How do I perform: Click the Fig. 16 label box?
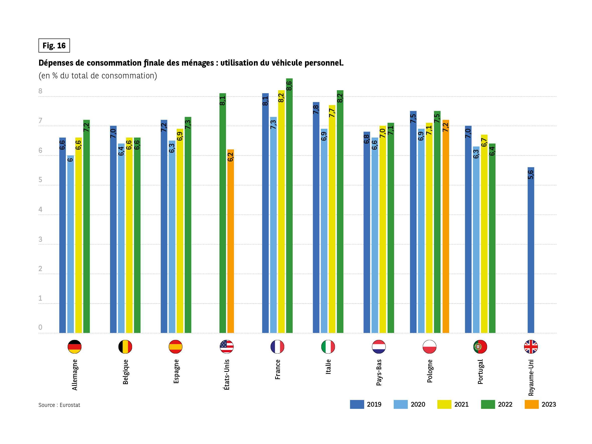(54, 46)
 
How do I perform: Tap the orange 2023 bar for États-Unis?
(230, 241)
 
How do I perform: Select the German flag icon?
(74, 347)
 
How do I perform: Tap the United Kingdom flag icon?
(531, 347)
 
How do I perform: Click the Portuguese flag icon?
(480, 347)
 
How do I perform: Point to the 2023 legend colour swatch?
(532, 404)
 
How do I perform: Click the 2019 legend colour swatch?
(357, 404)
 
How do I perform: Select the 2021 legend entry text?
(461, 404)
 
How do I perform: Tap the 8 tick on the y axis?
(40, 91)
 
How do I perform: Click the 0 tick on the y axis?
(40, 327)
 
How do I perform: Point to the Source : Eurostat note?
(59, 405)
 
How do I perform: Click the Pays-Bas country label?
(379, 372)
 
